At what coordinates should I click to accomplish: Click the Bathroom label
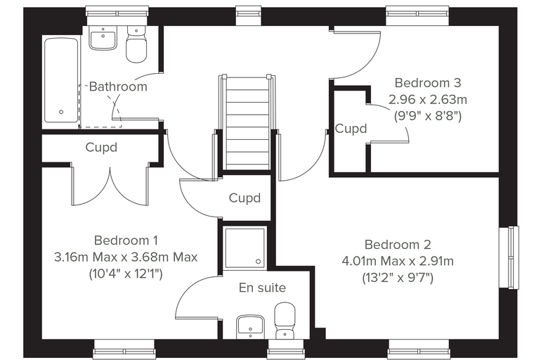[118, 86]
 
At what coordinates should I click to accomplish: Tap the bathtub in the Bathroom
[62, 80]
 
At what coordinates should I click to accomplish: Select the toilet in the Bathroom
[136, 44]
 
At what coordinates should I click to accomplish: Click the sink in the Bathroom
[103, 38]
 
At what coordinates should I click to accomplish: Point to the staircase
[247, 123]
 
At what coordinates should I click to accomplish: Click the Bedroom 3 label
[428, 83]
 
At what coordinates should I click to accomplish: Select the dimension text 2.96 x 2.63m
[428, 100]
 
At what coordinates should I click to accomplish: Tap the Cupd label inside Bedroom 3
[351, 129]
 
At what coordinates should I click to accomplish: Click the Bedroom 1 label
[126, 240]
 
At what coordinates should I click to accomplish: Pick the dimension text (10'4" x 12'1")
[126, 274]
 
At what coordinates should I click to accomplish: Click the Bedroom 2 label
[398, 245]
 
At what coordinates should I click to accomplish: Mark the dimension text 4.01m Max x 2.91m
[398, 261]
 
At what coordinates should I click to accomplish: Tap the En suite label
[262, 288]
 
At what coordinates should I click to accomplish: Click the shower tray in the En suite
[245, 247]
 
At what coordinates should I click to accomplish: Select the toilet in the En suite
[285, 321]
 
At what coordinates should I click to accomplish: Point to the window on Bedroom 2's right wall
[509, 257]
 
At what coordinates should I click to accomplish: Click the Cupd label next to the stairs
[245, 198]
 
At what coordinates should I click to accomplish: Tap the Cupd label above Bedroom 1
[101, 147]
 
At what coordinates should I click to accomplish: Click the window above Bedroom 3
[417, 15]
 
